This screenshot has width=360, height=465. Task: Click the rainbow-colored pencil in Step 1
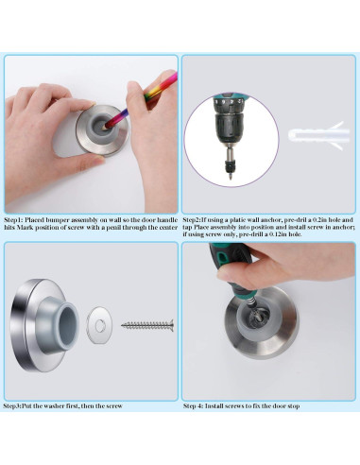(x=142, y=98)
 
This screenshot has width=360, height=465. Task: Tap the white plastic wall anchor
(x=318, y=136)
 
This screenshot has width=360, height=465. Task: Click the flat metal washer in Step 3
(x=99, y=326)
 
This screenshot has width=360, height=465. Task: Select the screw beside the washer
(x=147, y=325)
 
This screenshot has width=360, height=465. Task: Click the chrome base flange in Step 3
(x=24, y=324)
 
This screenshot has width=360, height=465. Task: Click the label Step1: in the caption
(x=13, y=219)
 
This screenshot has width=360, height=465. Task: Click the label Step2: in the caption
(x=192, y=219)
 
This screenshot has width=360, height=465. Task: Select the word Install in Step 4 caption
(x=214, y=405)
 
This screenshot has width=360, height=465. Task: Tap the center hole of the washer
(x=100, y=325)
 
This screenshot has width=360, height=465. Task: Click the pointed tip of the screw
(x=122, y=325)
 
